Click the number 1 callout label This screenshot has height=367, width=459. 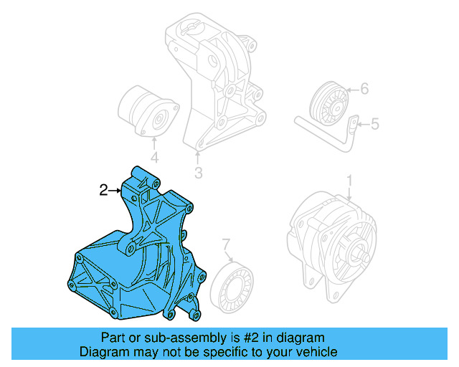click(350, 180)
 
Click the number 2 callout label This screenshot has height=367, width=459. click(104, 189)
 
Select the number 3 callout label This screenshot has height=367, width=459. click(199, 172)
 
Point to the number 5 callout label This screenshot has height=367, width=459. click(374, 125)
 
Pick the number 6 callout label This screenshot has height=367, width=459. click(364, 90)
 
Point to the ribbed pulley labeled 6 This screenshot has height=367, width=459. click(328, 105)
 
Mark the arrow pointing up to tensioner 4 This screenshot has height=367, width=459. click(153, 142)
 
